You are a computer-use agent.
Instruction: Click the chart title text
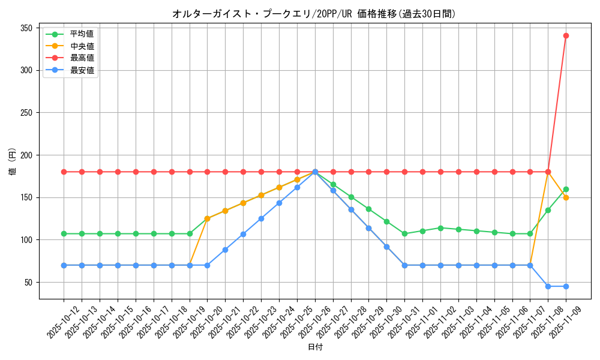coord(314,14)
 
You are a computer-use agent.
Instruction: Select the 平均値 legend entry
coord(82,34)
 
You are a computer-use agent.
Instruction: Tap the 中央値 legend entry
coord(82,46)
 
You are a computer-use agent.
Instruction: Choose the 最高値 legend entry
coord(82,58)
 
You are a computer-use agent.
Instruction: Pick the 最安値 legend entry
coord(82,70)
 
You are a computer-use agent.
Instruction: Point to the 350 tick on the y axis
coord(26,28)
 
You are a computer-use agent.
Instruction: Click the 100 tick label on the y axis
coord(26,240)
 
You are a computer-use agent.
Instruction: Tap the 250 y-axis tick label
coord(26,113)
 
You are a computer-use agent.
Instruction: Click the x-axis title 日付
coord(315,347)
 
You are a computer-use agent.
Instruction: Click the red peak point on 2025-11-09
coord(566,35)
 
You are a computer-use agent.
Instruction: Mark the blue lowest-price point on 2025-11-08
coord(548,286)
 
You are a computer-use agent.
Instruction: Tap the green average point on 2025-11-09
coord(566,189)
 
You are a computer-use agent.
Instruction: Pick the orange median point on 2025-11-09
coord(566,197)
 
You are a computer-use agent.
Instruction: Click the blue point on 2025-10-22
coord(243,234)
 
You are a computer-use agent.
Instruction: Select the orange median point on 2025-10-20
coord(207,218)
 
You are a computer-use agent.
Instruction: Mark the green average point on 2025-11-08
coord(548,210)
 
